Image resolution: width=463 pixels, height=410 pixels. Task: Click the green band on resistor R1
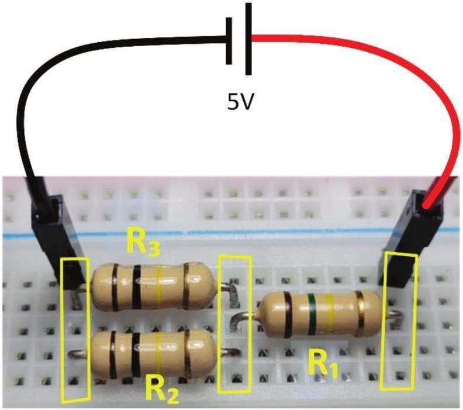(312, 315)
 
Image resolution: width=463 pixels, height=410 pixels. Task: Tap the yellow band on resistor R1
(331, 315)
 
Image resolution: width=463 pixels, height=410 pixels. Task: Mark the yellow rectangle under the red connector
(399, 322)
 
